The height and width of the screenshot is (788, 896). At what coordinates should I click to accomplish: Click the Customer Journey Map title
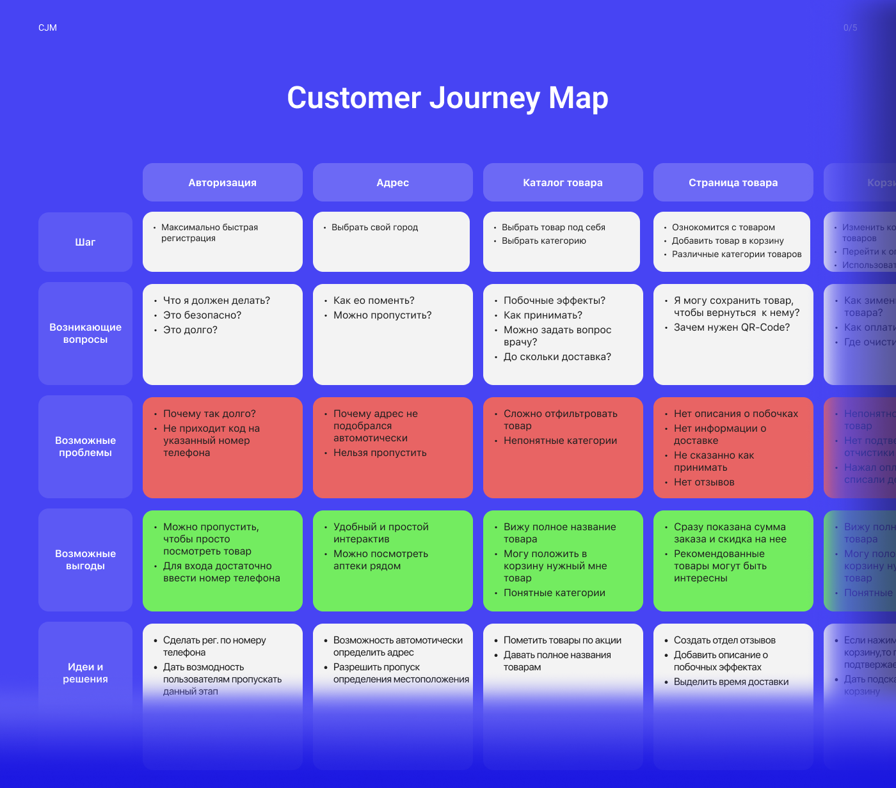click(447, 98)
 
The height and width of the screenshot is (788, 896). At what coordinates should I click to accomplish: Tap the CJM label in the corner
click(47, 28)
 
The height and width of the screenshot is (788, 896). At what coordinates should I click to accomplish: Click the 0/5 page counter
click(850, 28)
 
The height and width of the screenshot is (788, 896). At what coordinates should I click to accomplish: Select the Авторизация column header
click(222, 182)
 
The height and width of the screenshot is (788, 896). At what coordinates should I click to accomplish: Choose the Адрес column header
click(392, 182)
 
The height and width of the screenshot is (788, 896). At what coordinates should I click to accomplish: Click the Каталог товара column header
click(563, 182)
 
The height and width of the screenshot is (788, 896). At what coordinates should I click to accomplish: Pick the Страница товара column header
click(733, 182)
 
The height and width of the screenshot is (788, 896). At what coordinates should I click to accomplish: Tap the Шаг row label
click(85, 242)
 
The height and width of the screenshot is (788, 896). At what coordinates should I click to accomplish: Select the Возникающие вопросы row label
click(85, 333)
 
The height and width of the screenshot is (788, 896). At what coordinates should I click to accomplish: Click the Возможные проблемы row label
click(85, 446)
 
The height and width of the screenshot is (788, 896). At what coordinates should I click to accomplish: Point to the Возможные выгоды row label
click(85, 560)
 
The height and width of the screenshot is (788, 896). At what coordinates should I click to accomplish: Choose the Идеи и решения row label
click(85, 673)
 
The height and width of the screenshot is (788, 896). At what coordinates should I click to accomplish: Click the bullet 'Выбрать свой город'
click(374, 227)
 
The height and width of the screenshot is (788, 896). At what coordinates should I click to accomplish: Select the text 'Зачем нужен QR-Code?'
click(732, 327)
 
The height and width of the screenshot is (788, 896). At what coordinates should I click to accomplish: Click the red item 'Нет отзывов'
click(704, 482)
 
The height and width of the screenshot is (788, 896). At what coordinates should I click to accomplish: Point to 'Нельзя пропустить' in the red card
click(380, 452)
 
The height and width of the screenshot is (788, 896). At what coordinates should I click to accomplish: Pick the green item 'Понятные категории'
click(554, 592)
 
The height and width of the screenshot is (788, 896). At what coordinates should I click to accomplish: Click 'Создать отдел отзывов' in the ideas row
click(724, 640)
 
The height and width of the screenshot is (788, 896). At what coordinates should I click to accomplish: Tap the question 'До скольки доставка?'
click(557, 356)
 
